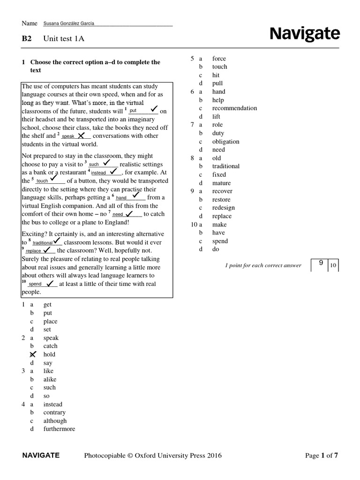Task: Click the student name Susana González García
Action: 71,23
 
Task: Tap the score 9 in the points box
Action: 321,263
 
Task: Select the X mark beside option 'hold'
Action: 33,354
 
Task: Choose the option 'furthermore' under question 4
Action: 59,429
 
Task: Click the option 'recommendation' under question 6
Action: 234,108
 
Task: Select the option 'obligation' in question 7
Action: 225,142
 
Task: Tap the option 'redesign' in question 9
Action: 223,208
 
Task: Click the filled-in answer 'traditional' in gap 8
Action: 42,243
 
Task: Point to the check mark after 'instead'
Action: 113,172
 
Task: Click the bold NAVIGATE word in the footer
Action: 41,455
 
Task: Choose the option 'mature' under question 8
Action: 221,183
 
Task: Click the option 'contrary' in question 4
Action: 54,412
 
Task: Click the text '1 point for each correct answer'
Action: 263,266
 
